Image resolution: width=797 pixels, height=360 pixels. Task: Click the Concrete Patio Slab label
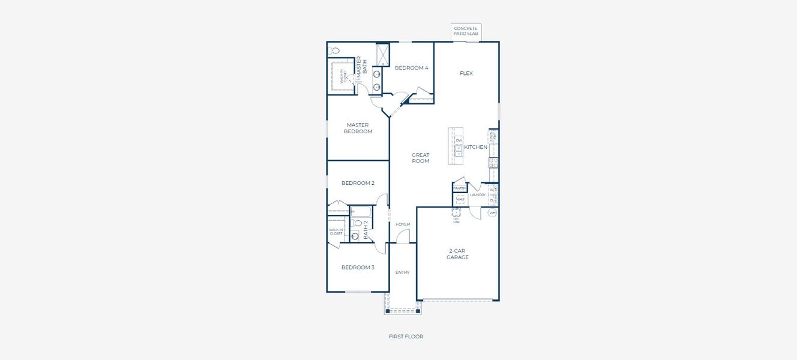point(466,31)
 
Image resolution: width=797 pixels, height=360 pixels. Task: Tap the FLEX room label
point(466,73)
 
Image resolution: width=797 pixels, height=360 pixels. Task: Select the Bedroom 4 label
point(411,68)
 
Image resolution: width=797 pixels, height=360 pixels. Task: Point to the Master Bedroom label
point(358,128)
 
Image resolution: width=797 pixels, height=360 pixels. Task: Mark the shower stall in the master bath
point(382,53)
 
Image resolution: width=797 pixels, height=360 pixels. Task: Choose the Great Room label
point(420,158)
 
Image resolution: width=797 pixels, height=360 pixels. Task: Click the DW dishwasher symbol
point(459,140)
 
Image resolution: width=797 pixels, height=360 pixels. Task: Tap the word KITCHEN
point(475,147)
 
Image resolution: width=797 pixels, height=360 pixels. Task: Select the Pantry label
point(460,188)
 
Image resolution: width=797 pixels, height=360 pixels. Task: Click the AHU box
point(460,200)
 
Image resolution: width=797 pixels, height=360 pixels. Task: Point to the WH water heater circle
point(492,213)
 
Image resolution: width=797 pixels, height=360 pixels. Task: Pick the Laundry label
point(478,194)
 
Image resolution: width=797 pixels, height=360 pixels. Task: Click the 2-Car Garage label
point(457,254)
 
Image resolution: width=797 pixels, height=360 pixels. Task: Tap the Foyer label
point(403,224)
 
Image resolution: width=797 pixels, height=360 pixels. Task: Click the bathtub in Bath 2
point(362,211)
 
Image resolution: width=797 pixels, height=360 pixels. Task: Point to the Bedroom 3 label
point(358,267)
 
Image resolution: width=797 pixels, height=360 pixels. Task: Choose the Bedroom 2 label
point(358,183)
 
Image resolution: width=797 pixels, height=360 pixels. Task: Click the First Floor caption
point(406,337)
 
